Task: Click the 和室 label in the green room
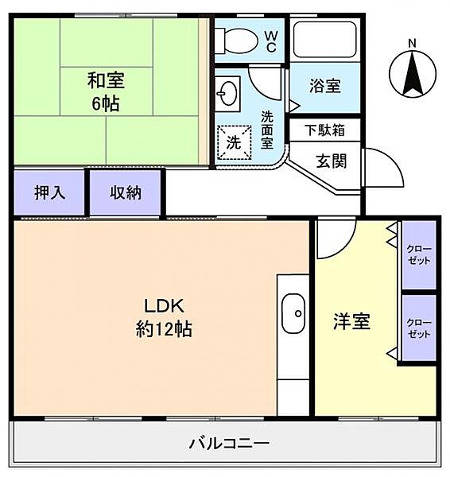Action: [x=106, y=80]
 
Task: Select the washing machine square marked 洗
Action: [x=235, y=143]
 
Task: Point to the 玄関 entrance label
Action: [x=331, y=161]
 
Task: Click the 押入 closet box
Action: [x=49, y=192]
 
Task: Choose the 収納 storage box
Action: [x=126, y=192]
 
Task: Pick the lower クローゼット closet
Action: [x=419, y=328]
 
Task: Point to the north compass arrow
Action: [x=412, y=76]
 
